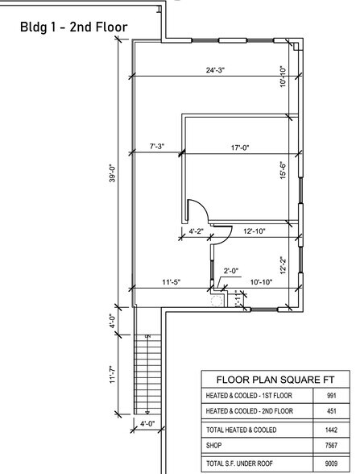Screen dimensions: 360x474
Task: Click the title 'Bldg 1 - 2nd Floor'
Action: coord(74,27)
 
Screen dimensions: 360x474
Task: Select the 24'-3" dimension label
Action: coord(215,70)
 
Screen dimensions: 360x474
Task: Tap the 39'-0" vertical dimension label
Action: coord(113,173)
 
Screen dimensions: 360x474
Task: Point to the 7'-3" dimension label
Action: coord(157,147)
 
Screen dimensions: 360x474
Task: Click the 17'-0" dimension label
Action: coord(240,148)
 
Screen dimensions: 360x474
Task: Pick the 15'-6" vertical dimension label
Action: coord(283,170)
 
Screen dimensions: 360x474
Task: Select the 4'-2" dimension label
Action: coord(197,231)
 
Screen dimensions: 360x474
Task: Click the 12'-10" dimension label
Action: coord(254,231)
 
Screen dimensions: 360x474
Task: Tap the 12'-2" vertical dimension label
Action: coord(283,265)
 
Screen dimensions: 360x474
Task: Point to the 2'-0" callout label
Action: coord(231,271)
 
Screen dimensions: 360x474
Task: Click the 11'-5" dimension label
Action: coord(172,282)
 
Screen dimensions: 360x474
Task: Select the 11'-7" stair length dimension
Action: coord(113,375)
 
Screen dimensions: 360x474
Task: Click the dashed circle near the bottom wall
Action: coord(217,301)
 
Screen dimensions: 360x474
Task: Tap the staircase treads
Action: coord(147,374)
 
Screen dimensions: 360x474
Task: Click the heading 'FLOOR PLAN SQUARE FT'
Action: coord(275,380)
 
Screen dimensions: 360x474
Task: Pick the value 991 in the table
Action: coord(332,395)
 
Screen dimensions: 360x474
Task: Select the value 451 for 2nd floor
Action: coord(332,411)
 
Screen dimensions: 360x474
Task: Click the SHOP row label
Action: coord(214,445)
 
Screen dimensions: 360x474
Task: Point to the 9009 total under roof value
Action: coord(332,463)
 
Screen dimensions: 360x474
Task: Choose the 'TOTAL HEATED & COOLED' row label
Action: coord(242,430)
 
